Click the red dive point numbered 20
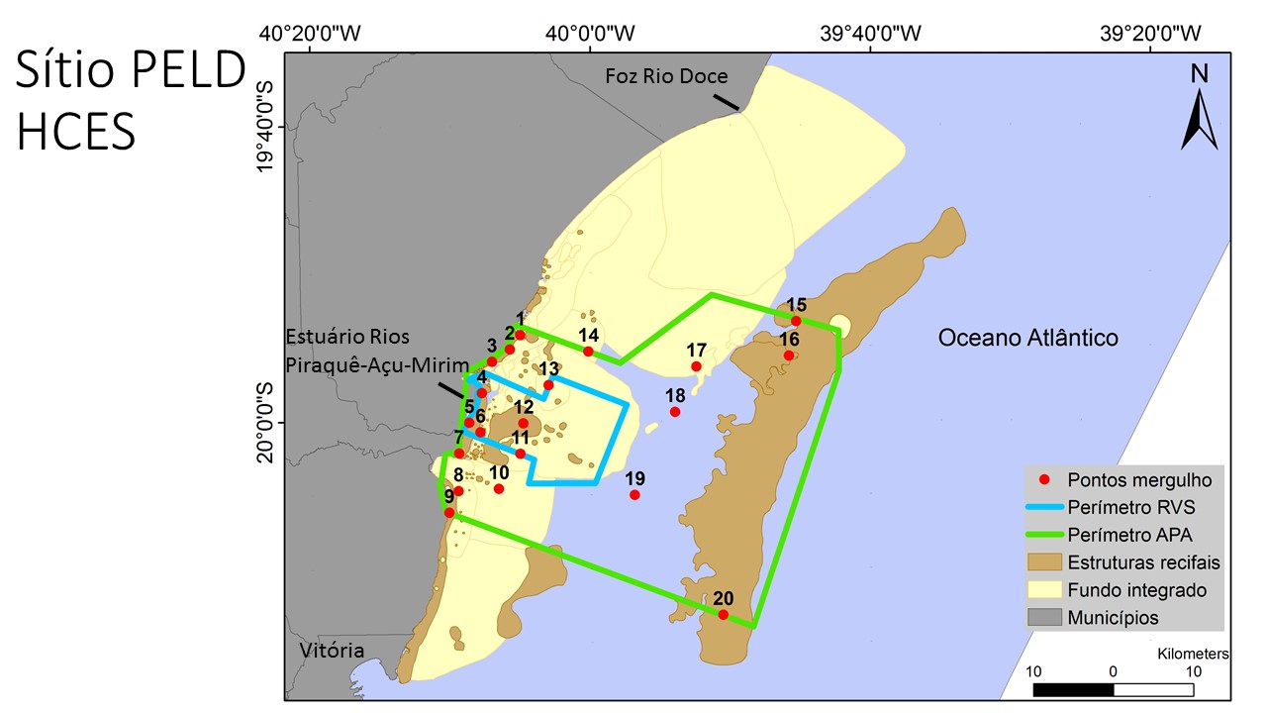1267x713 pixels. tap(724, 615)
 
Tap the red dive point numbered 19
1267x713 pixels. tap(634, 495)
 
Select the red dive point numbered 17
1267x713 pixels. tap(696, 366)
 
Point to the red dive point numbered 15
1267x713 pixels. tap(796, 321)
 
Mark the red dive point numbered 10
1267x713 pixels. tap(499, 488)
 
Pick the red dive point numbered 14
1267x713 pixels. tap(588, 352)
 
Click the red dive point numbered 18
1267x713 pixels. tap(675, 412)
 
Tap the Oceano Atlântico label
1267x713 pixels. tap(1027, 339)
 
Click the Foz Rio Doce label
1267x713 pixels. tap(668, 76)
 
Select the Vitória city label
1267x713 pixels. tap(332, 651)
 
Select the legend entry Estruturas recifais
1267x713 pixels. tap(1143, 562)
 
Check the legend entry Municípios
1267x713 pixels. tap(1113, 617)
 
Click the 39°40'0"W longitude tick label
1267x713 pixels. tap(872, 32)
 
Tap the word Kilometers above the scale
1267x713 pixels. tap(1193, 655)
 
